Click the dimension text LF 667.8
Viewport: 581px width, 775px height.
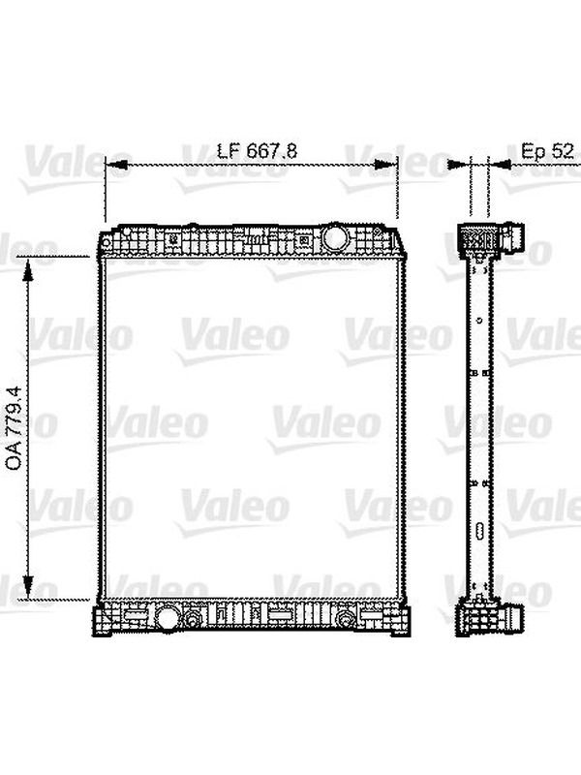click(258, 151)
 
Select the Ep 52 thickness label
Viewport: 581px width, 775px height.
click(548, 151)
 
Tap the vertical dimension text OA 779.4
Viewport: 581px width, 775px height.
click(14, 428)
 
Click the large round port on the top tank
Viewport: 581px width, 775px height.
click(335, 236)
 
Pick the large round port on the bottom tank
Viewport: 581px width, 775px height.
click(167, 617)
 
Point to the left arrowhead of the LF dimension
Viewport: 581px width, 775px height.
click(116, 166)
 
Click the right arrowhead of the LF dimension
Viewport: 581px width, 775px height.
click(386, 165)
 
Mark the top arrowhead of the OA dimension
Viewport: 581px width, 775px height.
click(29, 268)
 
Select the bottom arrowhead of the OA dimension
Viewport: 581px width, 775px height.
click(29, 588)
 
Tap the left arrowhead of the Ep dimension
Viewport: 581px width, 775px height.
click(459, 164)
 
